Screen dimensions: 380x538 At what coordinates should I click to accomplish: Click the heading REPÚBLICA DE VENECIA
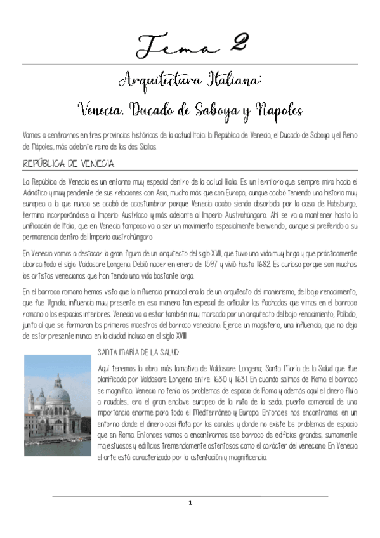pyautogui.click(x=69, y=164)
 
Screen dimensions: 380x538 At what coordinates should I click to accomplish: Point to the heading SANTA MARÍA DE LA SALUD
pyautogui.click(x=139, y=351)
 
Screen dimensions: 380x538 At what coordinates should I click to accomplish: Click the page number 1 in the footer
pyautogui.click(x=190, y=503)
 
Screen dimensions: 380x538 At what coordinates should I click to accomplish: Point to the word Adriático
pyautogui.click(x=37, y=192)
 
